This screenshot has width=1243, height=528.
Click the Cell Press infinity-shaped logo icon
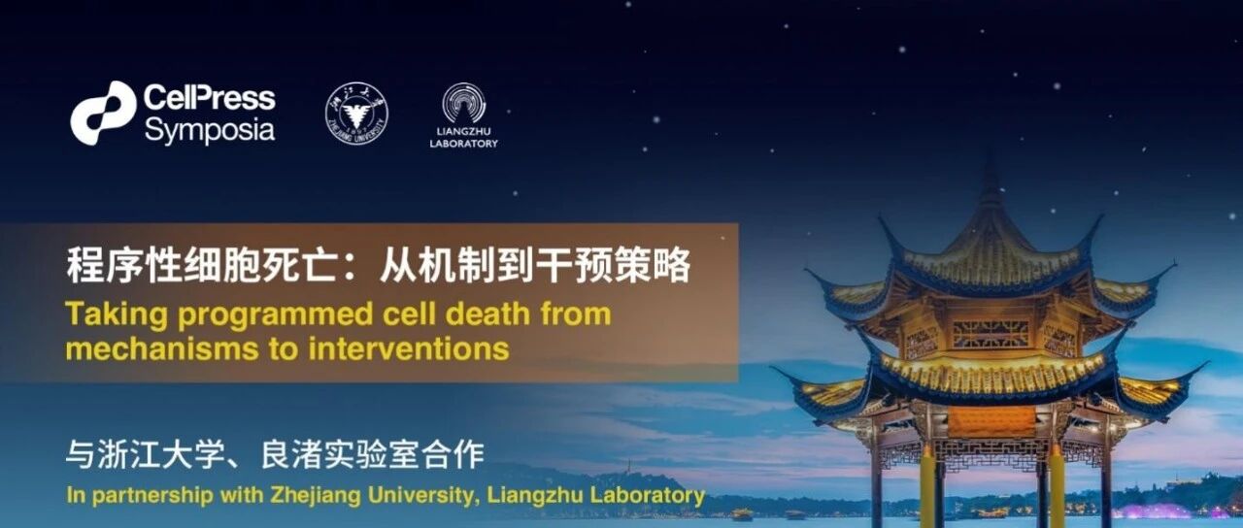point(103,114)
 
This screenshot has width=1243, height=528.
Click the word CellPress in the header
point(209,98)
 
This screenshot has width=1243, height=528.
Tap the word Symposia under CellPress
point(209,131)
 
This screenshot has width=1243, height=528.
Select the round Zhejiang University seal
point(356,114)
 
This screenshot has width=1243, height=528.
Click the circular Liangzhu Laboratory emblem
point(464,103)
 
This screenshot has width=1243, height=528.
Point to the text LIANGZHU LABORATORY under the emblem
point(464,138)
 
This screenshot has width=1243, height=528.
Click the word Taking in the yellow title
point(116,315)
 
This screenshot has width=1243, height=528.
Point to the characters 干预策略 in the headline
point(613,265)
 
